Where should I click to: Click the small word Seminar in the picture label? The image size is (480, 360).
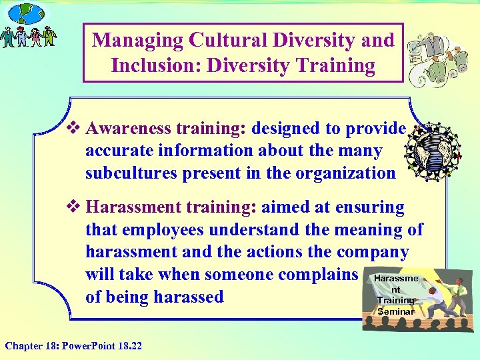[x=395, y=311]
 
